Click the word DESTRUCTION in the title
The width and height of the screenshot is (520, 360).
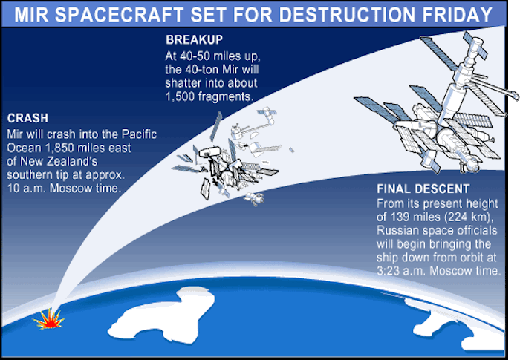347,15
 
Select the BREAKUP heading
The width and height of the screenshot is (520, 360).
195,40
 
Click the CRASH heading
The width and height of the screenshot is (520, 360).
27,118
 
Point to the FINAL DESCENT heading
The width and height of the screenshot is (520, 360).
423,189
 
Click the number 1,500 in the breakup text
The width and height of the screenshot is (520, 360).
180,96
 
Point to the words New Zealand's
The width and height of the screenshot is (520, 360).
59,161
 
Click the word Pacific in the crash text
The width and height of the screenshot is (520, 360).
139,134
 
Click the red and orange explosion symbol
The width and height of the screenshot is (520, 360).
49,319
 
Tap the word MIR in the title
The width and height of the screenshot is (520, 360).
31,15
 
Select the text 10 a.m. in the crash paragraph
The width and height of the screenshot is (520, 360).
27,189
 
